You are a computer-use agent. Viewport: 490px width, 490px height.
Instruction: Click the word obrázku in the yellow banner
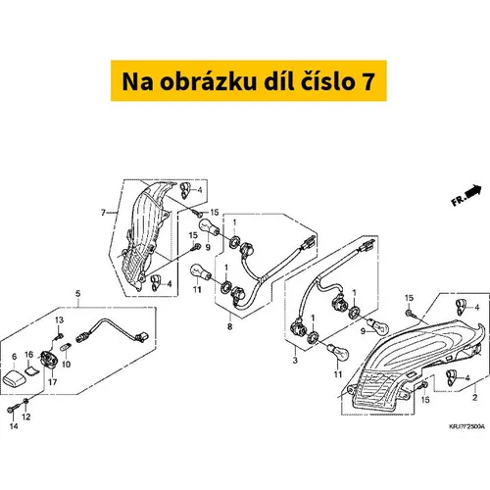pyautogui.click(x=208, y=81)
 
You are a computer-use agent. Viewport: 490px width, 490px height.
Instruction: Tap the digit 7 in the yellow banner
pyautogui.click(x=367, y=81)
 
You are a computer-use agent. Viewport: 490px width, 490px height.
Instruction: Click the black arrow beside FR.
pyautogui.click(x=473, y=191)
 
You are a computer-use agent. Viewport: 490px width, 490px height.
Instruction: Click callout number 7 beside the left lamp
pyautogui.click(x=104, y=213)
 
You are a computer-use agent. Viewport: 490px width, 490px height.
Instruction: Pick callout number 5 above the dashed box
pyautogui.click(x=77, y=294)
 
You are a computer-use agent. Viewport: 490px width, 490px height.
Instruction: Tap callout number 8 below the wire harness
pyautogui.click(x=229, y=326)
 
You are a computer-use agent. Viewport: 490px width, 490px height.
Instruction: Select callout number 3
pyautogui.click(x=295, y=361)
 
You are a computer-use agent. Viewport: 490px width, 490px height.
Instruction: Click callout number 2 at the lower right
pyautogui.click(x=475, y=397)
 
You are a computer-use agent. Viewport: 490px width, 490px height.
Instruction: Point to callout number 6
pyautogui.click(x=14, y=357)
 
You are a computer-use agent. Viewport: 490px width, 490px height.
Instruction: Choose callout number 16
pyautogui.click(x=29, y=355)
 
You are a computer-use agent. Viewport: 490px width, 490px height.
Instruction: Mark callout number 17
pyautogui.click(x=53, y=381)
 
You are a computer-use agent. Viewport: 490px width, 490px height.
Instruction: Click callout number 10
pyautogui.click(x=66, y=364)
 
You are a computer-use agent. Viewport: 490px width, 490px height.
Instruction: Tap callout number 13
pyautogui.click(x=59, y=320)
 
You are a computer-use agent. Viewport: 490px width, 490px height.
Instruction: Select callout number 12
pyautogui.click(x=26, y=416)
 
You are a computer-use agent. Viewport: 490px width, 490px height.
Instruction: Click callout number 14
pyautogui.click(x=14, y=426)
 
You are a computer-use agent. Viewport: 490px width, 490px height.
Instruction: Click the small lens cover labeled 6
pyautogui.click(x=13, y=377)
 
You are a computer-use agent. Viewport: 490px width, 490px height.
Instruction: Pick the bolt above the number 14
pyautogui.click(x=13, y=409)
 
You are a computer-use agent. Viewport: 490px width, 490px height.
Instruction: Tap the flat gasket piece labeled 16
pyautogui.click(x=31, y=370)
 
